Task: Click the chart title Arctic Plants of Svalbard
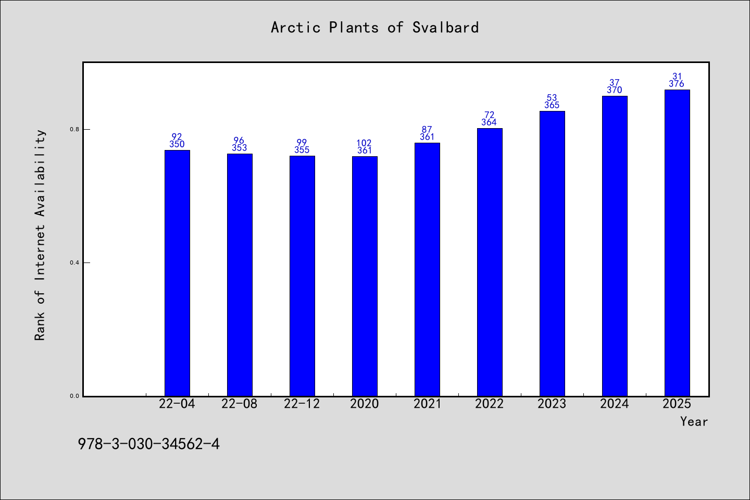pyautogui.click(x=374, y=28)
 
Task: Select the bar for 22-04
pyautogui.click(x=177, y=273)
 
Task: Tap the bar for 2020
pyautogui.click(x=365, y=276)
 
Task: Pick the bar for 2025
pyautogui.click(x=677, y=243)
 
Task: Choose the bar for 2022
pyautogui.click(x=490, y=262)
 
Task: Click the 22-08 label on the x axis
pyautogui.click(x=240, y=404)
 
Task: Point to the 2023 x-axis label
pyautogui.click(x=552, y=404)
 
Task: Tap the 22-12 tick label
pyautogui.click(x=302, y=404)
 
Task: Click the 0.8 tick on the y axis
pyautogui.click(x=74, y=129)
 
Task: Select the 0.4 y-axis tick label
pyautogui.click(x=74, y=263)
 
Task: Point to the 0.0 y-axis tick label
pyautogui.click(x=74, y=396)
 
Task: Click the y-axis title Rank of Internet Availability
pyautogui.click(x=40, y=235)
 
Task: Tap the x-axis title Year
pyautogui.click(x=694, y=422)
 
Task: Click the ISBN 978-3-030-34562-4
pyautogui.click(x=148, y=444)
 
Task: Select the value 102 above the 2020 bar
pyautogui.click(x=364, y=143)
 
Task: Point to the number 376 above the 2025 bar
pyautogui.click(x=677, y=84)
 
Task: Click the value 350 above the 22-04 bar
pyautogui.click(x=177, y=144)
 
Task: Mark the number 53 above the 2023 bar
pyautogui.click(x=552, y=98)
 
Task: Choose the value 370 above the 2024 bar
pyautogui.click(x=615, y=90)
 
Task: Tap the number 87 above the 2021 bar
pyautogui.click(x=427, y=130)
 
